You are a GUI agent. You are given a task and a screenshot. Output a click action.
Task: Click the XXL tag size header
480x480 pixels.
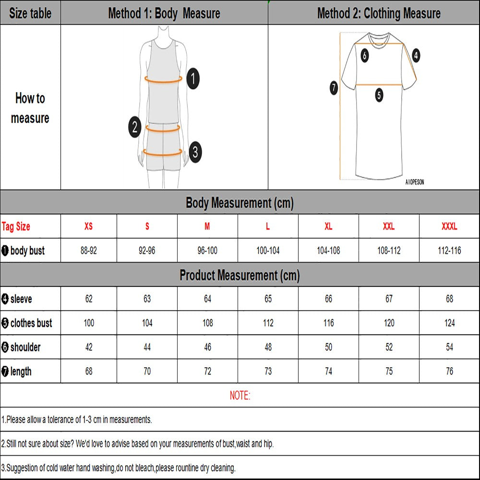(389, 227)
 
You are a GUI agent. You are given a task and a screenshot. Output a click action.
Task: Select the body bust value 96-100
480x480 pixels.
(207, 251)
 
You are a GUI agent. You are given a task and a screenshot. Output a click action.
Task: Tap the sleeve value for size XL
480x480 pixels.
(328, 299)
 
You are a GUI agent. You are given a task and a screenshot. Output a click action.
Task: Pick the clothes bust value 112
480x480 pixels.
(268, 323)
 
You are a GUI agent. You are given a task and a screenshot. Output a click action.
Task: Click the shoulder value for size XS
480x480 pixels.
(89, 347)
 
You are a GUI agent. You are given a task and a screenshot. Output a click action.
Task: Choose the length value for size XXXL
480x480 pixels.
(449, 371)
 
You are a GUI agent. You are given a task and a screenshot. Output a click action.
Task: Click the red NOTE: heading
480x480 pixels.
(240, 396)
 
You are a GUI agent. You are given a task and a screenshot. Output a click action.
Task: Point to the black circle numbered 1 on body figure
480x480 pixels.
(192, 79)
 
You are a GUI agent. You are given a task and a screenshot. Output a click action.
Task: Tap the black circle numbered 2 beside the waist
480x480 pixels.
(135, 127)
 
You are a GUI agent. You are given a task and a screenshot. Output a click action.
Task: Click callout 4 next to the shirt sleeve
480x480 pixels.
(416, 55)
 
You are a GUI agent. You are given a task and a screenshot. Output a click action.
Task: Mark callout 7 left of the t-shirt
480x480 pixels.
(334, 88)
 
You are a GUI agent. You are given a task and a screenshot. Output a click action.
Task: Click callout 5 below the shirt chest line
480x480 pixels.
(379, 95)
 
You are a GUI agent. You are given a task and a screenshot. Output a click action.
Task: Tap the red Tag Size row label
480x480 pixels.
(16, 227)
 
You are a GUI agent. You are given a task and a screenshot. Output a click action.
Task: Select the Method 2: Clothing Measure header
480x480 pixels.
(379, 13)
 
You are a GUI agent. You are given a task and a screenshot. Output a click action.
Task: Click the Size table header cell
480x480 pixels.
(30, 13)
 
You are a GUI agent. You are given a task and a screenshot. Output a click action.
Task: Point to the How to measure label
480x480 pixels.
(30, 108)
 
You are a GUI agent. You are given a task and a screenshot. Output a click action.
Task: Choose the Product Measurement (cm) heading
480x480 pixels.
(240, 276)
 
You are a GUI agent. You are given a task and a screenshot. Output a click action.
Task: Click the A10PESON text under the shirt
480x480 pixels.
(414, 182)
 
